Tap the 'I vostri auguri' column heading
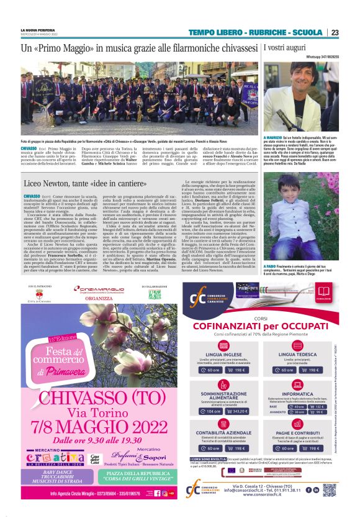point(287,47)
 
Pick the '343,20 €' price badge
point(239,411)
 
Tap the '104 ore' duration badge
point(213,411)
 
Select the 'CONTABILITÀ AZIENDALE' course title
point(225,432)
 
